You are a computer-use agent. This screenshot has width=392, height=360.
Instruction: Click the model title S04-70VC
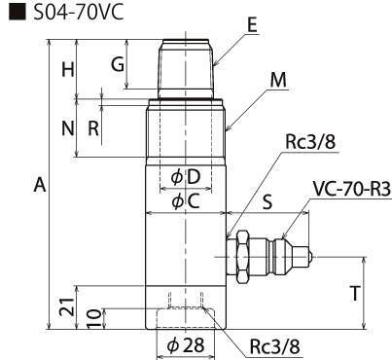click(79, 13)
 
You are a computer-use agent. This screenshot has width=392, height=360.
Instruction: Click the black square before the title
click(17, 13)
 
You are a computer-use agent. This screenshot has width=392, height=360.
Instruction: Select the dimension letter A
click(40, 185)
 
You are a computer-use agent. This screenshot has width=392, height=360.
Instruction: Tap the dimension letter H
click(68, 69)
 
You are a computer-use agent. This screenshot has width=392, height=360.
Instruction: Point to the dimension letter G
click(118, 64)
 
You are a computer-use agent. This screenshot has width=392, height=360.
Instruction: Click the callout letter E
click(252, 25)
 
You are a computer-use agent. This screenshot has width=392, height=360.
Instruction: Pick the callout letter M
click(278, 80)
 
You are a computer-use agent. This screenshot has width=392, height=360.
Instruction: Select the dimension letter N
click(68, 128)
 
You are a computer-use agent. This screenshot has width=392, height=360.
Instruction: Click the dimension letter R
click(93, 128)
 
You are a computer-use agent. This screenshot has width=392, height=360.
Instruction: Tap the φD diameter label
click(186, 177)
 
